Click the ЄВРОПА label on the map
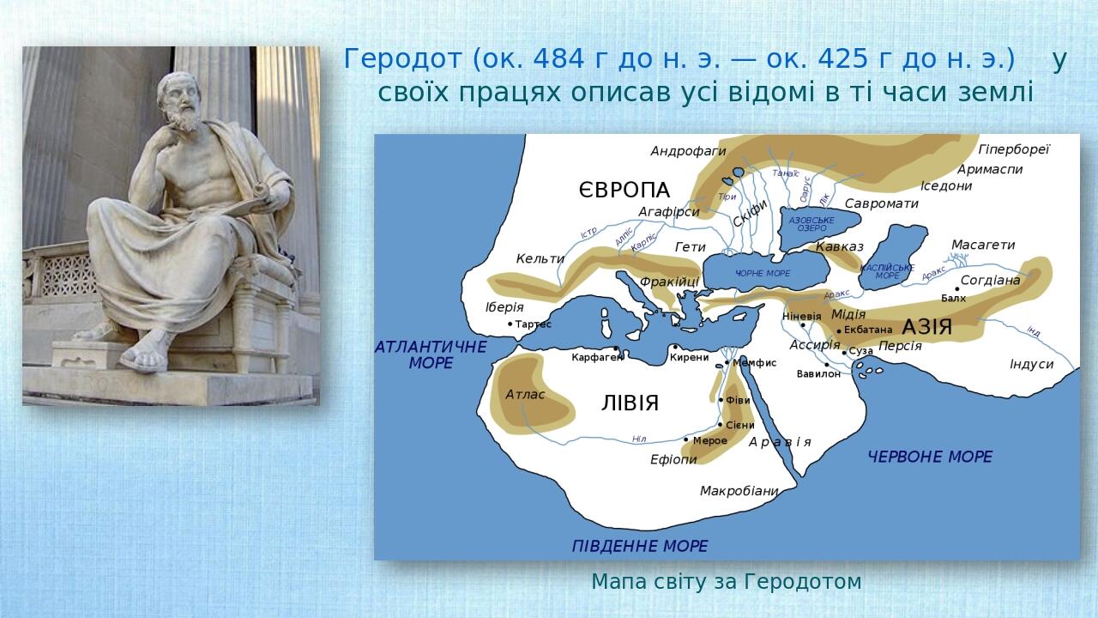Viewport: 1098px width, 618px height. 624,191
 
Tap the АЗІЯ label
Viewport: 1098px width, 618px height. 926,327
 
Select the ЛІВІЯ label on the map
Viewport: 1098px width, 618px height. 630,403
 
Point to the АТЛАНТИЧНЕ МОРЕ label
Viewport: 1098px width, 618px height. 431,354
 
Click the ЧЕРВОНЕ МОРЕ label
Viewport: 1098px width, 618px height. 930,457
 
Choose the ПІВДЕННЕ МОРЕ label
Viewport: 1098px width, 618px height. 640,546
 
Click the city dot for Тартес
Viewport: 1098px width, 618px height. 510,324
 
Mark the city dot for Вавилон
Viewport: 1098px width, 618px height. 827,365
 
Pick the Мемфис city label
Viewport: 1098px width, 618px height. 755,363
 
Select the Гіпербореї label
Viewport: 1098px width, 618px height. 1014,149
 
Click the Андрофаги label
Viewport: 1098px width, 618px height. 688,151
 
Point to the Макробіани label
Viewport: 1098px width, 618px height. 739,491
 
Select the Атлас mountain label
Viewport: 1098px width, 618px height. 525,395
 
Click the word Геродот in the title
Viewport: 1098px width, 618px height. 404,59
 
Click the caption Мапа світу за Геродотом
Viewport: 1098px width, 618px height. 726,582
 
